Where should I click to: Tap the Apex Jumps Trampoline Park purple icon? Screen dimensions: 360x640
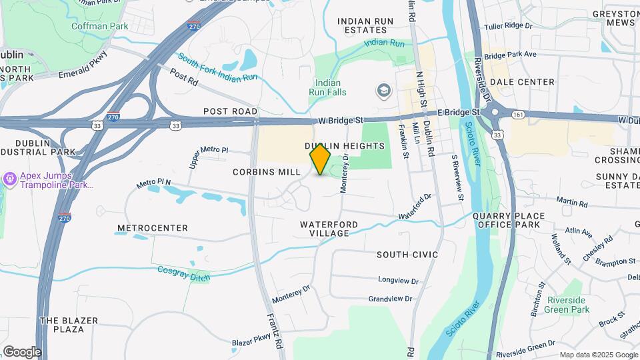point(10,179)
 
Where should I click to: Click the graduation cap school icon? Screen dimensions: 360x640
point(383,89)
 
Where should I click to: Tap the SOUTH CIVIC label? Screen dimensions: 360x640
point(407,255)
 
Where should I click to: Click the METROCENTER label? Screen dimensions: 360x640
point(152,228)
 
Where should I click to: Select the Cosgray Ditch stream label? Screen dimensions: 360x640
point(183,273)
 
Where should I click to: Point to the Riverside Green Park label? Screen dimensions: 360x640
point(567,305)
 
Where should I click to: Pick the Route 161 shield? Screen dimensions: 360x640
point(517,115)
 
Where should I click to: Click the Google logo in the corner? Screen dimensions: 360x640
point(21,352)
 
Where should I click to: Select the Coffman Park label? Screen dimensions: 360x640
point(100,27)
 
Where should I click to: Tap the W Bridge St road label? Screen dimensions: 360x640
point(340,121)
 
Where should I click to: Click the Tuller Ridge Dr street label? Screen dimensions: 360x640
point(509,26)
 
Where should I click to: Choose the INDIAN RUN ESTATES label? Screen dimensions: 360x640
point(365,26)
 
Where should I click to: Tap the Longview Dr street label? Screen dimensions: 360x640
point(398,281)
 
